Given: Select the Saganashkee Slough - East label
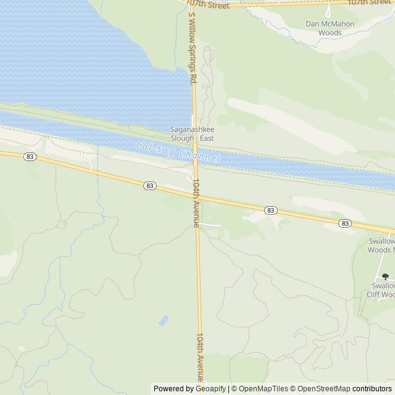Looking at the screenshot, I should click(192, 133).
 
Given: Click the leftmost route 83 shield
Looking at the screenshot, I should click(30, 157).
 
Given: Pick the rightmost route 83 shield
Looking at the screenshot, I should click(344, 223).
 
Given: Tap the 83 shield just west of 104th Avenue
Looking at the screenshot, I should click(149, 185).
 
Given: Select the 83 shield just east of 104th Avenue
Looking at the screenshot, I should click(270, 210).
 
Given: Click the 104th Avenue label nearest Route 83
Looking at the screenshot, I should click(196, 203).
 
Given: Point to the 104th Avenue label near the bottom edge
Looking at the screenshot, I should click(200, 357).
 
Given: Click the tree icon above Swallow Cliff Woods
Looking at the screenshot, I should click(385, 277).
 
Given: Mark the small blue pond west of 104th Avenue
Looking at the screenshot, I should click(162, 320).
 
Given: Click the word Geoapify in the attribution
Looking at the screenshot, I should click(210, 388).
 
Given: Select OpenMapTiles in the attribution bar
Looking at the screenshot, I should click(264, 388).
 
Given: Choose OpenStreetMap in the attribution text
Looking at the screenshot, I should click(321, 388).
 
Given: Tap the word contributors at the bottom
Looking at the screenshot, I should click(372, 388).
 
